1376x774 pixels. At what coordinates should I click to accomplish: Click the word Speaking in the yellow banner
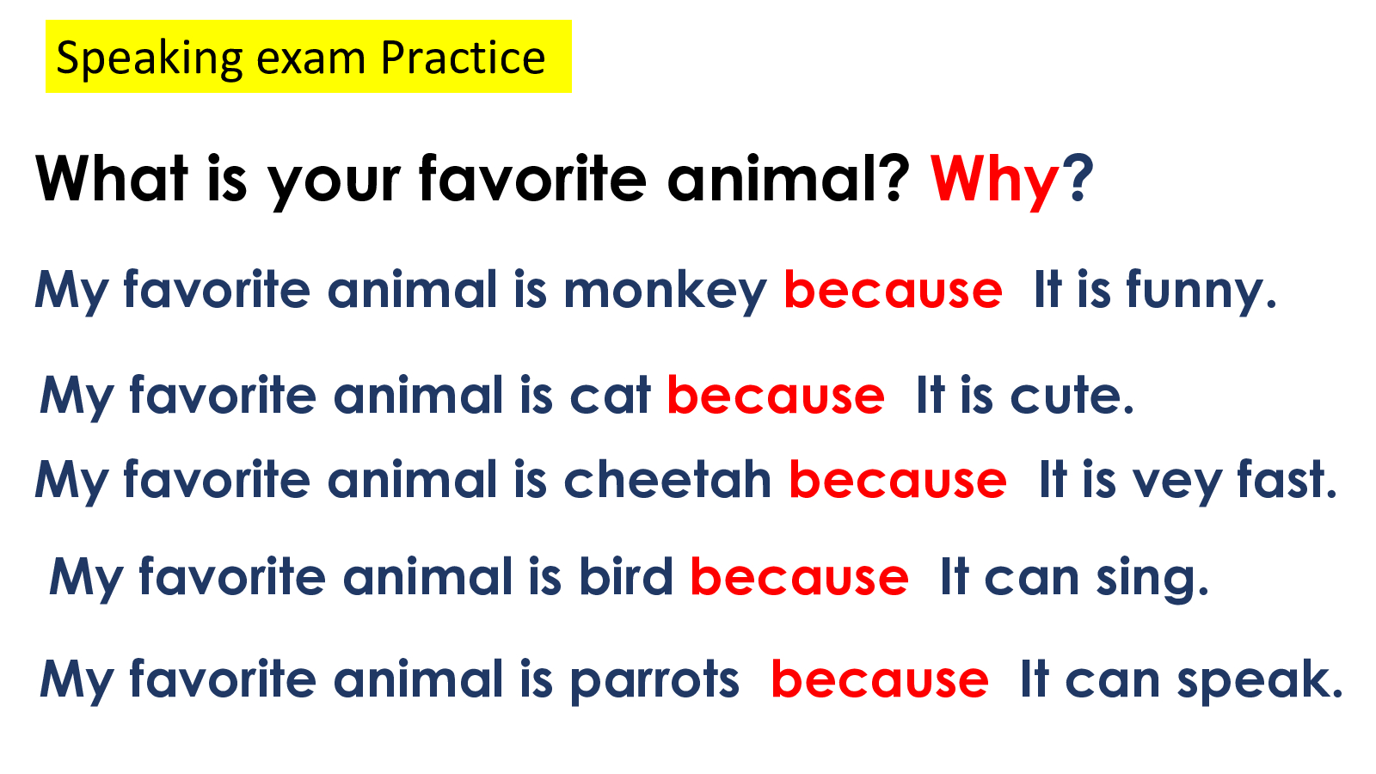pos(150,59)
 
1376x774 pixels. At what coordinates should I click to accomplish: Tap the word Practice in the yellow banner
pos(464,58)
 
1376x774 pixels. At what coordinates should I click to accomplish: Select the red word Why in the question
pos(995,181)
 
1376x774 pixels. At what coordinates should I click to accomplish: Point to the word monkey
pos(666,292)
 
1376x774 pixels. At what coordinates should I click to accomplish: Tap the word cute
pos(1072,396)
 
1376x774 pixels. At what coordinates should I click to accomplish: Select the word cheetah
pos(667,480)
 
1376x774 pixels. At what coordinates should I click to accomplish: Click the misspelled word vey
pos(1177,482)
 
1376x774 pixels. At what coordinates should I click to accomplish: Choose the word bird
pos(626,576)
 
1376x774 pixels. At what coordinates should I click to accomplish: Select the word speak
pos(1259,681)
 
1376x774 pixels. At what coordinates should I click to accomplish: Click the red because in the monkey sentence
pos(894,289)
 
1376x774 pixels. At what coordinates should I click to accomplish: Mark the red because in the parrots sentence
pos(880,679)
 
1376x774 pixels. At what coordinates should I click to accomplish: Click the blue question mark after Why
pos(1078,178)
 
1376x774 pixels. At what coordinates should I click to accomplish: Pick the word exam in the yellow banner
pos(310,60)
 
